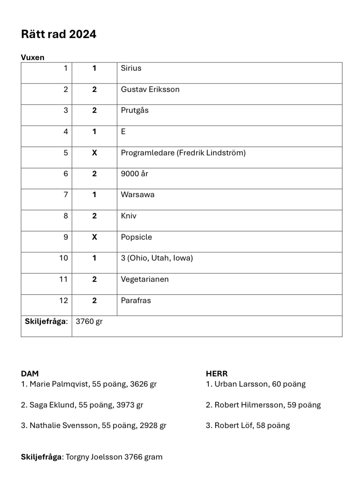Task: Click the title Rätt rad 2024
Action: coord(58,34)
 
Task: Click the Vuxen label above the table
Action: coord(33,57)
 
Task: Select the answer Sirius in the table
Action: coord(131,68)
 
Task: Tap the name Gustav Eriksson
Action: coord(150,90)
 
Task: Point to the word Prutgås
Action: coord(135,110)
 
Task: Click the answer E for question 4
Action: coord(123,132)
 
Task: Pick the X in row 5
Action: coord(95,153)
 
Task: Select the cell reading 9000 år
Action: coord(134,174)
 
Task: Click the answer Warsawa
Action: coord(137,195)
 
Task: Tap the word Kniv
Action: coord(128,216)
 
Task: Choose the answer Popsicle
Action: coord(136,237)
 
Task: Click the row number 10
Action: coord(63,258)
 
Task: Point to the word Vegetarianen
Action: coord(145,279)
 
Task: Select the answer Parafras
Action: coord(136,301)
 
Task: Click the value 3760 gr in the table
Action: coord(89,322)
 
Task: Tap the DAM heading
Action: coord(30,374)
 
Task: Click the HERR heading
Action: coord(216,374)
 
